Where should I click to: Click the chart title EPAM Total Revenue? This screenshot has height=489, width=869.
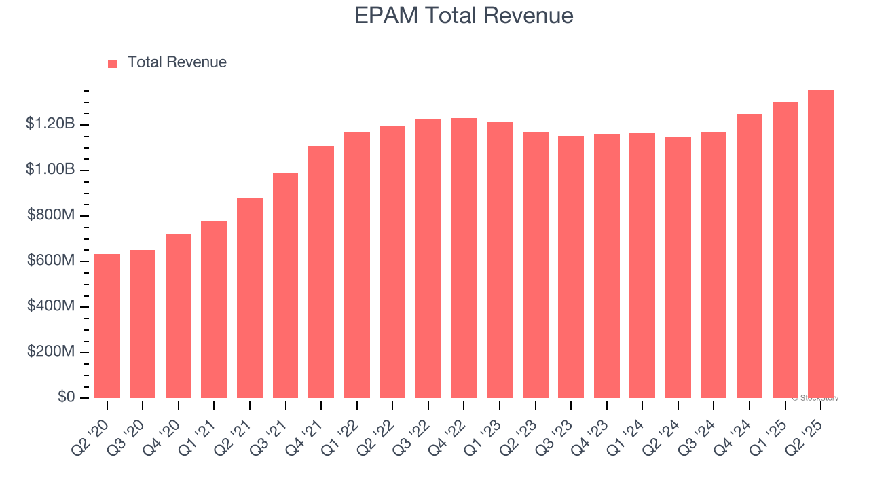click(464, 16)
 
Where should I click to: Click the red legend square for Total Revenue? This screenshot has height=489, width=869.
click(113, 63)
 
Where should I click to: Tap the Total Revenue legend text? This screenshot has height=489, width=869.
click(177, 62)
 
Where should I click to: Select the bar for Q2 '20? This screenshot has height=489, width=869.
click(107, 326)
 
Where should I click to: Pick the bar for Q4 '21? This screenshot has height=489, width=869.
click(321, 272)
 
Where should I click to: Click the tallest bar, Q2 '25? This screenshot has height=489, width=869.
click(821, 244)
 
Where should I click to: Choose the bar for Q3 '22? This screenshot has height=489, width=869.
click(428, 258)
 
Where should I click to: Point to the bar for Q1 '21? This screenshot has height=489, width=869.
click(214, 309)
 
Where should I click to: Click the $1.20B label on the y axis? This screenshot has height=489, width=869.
click(50, 124)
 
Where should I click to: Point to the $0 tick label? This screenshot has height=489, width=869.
click(65, 397)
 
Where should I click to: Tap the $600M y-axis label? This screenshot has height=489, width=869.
click(51, 261)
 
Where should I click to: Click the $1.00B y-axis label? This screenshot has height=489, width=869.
click(50, 169)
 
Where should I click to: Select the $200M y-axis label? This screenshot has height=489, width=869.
click(51, 352)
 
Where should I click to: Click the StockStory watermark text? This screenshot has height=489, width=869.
click(815, 398)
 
